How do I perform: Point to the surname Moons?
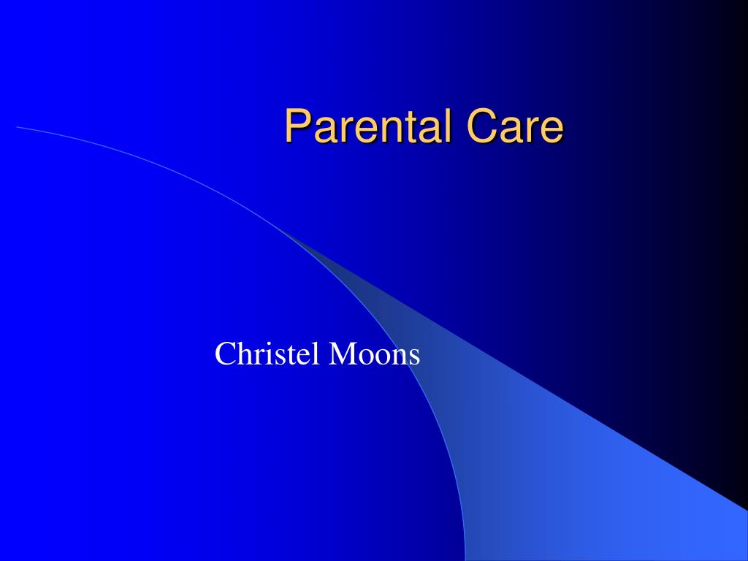(x=374, y=355)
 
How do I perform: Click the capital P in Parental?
(x=296, y=126)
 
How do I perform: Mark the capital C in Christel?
(x=224, y=355)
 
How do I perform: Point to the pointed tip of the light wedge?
(x=286, y=234)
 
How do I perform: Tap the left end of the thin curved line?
(x=18, y=127)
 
